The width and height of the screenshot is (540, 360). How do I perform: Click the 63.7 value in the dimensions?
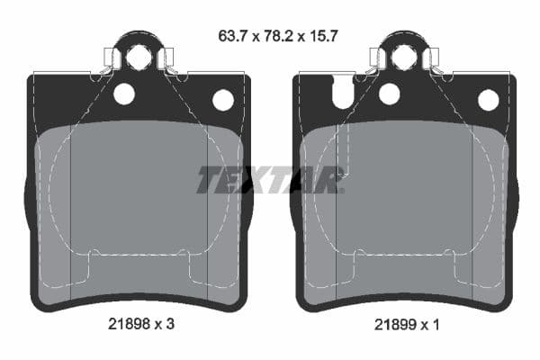tap(232, 37)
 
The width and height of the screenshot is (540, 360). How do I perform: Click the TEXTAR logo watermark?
tap(270, 180)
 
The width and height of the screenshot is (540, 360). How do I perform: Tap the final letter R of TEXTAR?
tap(330, 180)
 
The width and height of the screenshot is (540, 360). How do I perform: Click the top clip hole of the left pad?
tap(139, 58)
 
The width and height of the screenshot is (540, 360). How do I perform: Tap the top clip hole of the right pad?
tap(404, 58)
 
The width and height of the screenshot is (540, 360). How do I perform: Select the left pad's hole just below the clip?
tap(123, 94)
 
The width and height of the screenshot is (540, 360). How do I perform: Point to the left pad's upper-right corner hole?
tap(222, 99)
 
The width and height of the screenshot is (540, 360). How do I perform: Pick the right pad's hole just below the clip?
tap(389, 94)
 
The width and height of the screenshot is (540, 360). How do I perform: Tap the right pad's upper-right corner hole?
tap(488, 99)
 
